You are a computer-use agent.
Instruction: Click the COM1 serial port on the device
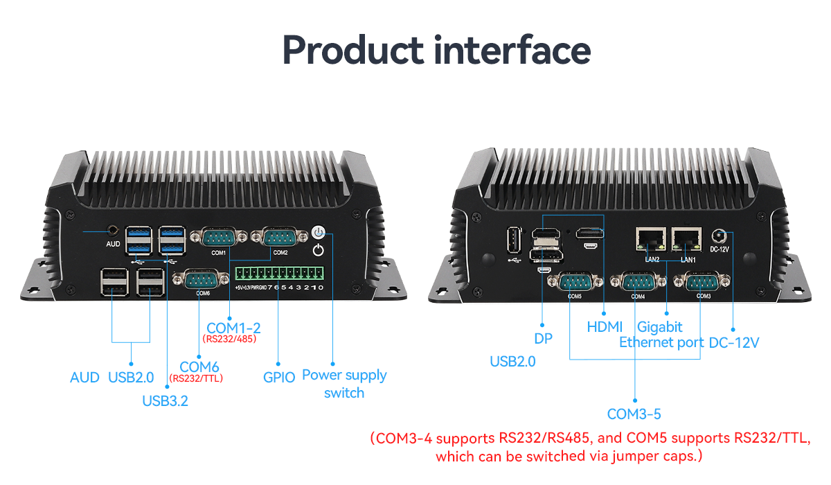(x=219, y=238)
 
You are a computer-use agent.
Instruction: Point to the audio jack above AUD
(x=113, y=229)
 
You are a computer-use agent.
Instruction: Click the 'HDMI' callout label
(x=605, y=326)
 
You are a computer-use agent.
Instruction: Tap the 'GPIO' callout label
(x=279, y=378)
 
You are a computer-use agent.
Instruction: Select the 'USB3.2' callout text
(x=165, y=400)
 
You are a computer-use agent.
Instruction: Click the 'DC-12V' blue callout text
(x=733, y=342)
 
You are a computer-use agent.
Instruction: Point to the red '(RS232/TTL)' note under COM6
(x=196, y=378)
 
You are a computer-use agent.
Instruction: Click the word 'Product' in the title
(x=352, y=50)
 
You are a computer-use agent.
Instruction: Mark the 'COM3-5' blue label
(x=634, y=414)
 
